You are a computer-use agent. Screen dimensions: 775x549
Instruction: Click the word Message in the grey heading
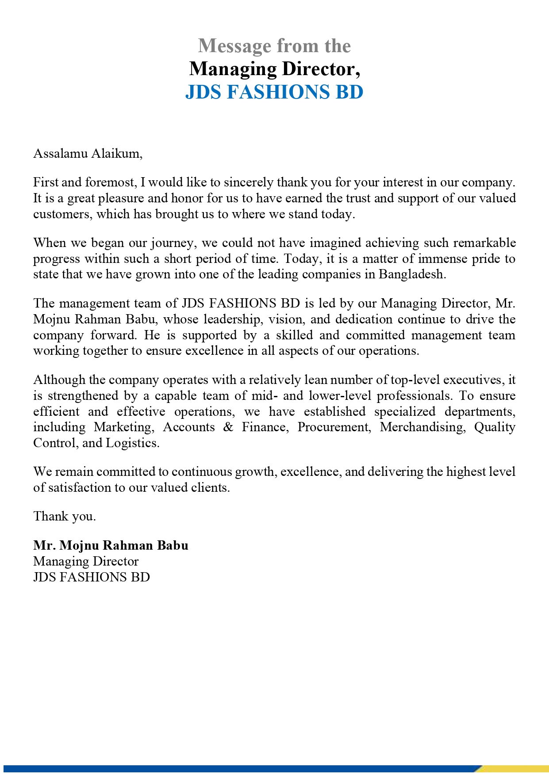[234, 46]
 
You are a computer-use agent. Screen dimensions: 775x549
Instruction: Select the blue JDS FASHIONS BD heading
[274, 92]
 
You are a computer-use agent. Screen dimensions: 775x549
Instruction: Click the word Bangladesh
[411, 274]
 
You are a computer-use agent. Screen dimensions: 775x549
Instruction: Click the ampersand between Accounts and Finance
[228, 427]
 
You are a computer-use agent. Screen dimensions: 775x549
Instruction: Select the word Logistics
[132, 443]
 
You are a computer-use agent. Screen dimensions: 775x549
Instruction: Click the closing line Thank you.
[65, 517]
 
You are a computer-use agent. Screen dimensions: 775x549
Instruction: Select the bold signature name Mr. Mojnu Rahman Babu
[111, 546]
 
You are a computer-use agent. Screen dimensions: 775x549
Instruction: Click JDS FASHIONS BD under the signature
[92, 577]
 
